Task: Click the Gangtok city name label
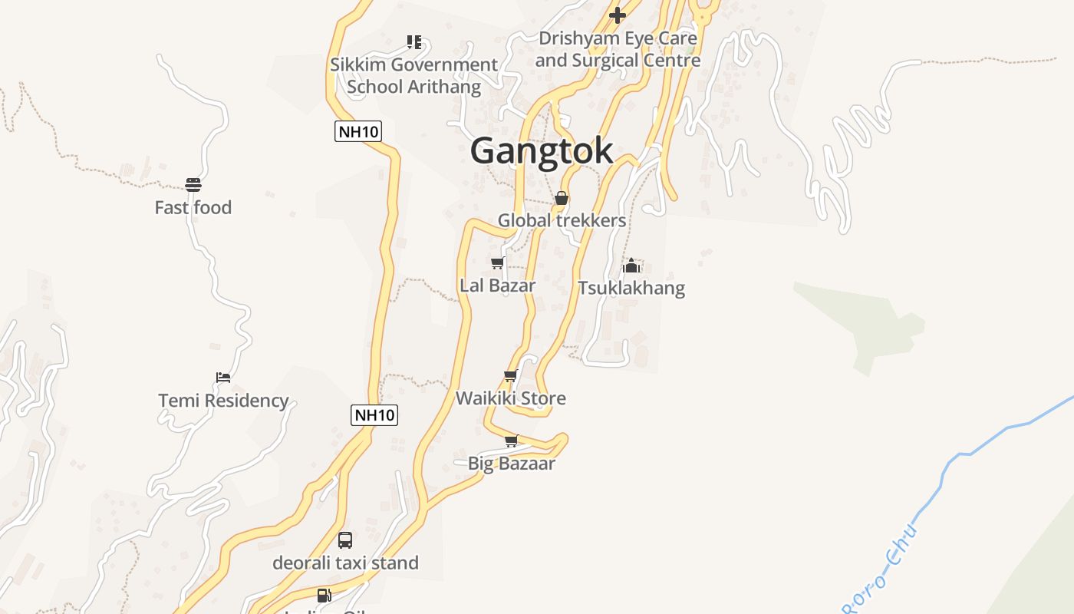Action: point(542,150)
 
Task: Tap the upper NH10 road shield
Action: point(358,131)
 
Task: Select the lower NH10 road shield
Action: point(374,415)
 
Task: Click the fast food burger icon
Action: point(193,185)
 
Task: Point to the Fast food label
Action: point(193,207)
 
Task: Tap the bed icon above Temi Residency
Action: point(223,377)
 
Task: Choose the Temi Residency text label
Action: point(223,400)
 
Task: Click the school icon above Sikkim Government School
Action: point(414,41)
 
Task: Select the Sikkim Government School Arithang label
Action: point(414,75)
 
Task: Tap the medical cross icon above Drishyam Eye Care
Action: point(618,15)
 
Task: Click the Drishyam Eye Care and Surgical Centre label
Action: point(618,49)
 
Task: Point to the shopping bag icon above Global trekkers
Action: point(562,198)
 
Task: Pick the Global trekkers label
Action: point(562,220)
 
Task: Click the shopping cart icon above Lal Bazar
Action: point(497,263)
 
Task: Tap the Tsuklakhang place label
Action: point(631,288)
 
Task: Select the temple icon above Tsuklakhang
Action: point(631,266)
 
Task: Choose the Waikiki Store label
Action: point(511,398)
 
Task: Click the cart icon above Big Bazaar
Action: point(512,441)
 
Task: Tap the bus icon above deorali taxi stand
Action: point(345,540)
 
